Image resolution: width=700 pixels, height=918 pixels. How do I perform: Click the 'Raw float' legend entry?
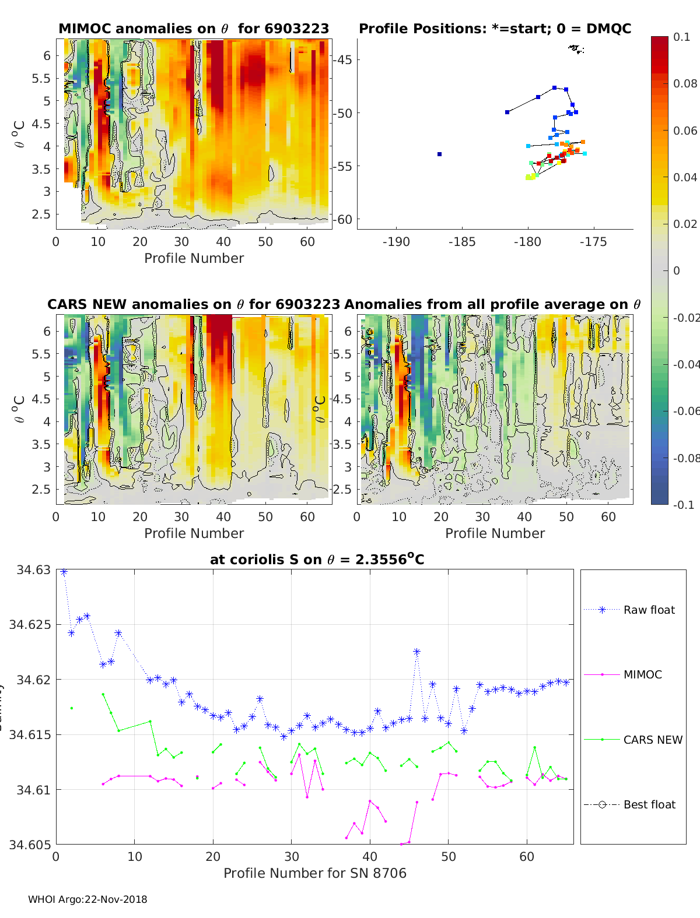649,610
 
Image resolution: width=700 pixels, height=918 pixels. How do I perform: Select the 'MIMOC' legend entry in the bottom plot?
642,674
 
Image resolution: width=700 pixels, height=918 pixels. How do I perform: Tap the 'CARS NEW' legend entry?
652,740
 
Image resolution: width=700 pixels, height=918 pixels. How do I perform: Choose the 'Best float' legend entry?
649,804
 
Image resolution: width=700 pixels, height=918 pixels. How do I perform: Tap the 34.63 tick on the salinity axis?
34,569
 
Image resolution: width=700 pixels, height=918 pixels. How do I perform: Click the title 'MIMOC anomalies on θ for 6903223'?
194,29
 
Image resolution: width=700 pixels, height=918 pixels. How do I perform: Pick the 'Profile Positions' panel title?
495,29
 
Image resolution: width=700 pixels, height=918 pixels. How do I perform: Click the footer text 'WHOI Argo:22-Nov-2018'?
87,899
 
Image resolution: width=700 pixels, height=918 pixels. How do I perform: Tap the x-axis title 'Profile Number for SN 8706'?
314,873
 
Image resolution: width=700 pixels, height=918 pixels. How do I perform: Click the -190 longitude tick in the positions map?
396,242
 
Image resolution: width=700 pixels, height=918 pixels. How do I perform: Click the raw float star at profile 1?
64,572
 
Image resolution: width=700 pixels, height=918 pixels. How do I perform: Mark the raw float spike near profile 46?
416,652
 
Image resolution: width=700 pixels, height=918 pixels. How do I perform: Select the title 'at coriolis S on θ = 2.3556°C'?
317,560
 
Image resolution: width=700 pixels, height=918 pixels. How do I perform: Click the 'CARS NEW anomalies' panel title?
194,304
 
